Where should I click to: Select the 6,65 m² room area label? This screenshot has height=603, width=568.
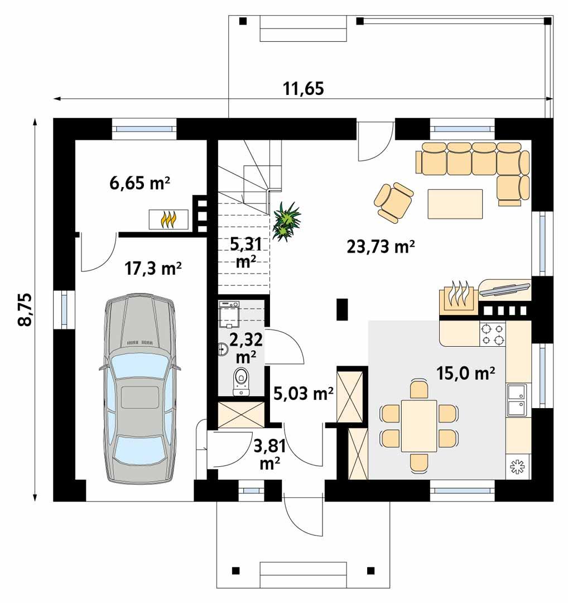139,183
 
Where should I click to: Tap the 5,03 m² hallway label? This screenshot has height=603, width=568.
304,394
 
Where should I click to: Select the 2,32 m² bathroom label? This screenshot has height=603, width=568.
245,346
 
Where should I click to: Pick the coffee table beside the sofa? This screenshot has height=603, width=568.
455,204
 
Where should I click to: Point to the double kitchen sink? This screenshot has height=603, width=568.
516,399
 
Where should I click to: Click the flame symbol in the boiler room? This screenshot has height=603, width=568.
169,219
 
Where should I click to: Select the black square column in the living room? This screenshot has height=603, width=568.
342,309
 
